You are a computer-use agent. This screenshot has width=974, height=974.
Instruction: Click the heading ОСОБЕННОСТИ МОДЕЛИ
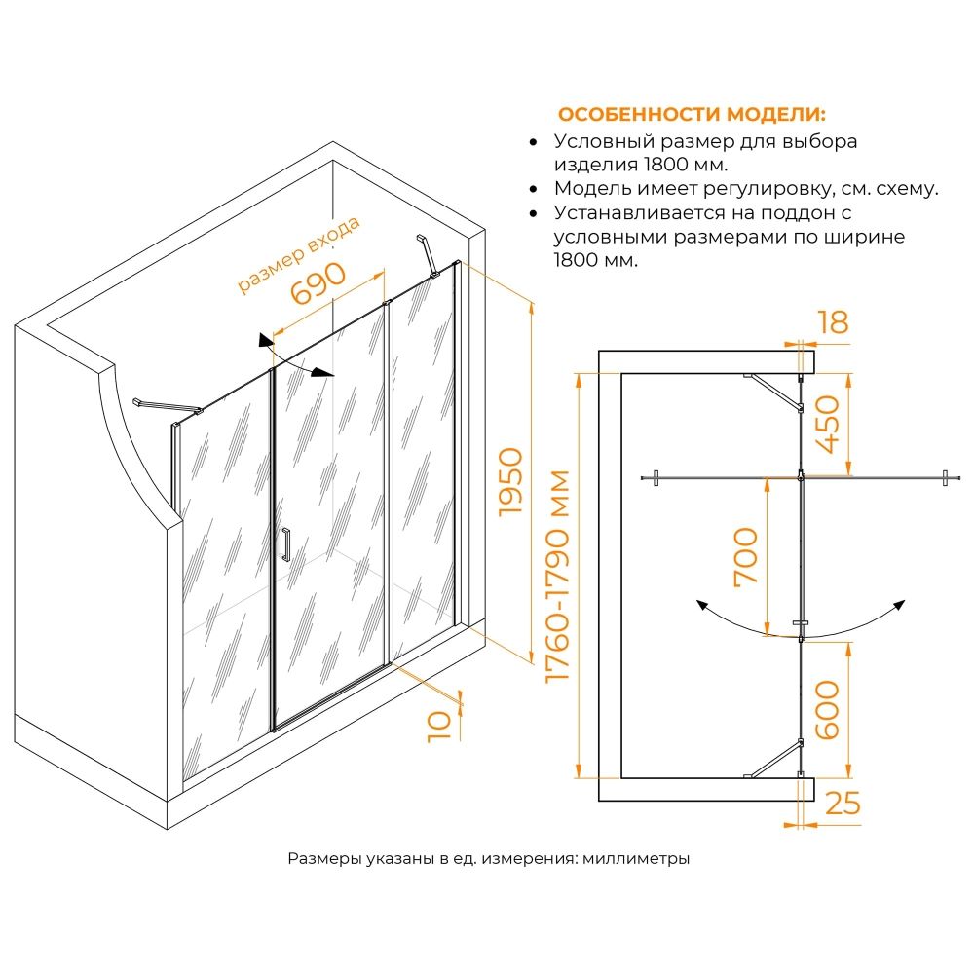tap(691, 113)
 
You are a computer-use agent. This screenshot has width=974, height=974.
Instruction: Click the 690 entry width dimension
tap(318, 284)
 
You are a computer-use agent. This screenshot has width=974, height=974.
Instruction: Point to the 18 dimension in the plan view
tap(834, 322)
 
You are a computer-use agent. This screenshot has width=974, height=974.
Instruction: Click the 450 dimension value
tap(829, 425)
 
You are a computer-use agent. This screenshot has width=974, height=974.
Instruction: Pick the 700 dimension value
tap(745, 556)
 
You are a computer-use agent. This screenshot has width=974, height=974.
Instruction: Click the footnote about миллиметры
tap(489, 859)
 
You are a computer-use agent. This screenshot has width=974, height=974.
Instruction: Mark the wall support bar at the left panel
tap(166, 405)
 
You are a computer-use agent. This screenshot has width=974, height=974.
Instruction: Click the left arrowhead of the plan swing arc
tap(700, 604)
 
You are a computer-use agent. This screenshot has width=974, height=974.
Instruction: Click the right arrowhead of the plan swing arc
tap(901, 604)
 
